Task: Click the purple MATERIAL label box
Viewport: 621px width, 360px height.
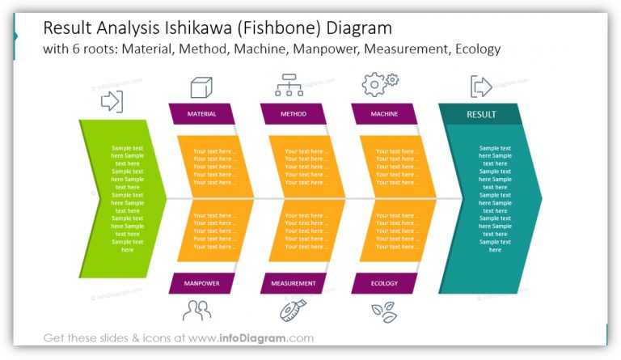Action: coord(201,114)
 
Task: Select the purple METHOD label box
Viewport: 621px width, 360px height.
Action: coord(293,114)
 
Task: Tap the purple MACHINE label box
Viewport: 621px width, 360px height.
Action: coord(384,114)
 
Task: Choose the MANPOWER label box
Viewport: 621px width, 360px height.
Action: coord(201,283)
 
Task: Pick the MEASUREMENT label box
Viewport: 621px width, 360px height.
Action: coord(293,283)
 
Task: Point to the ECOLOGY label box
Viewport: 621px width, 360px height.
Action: coord(384,283)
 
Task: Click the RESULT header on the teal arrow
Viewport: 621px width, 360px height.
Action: coord(481,114)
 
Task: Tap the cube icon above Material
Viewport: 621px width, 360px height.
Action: coord(201,87)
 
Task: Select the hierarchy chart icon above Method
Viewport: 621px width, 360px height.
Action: coord(289,85)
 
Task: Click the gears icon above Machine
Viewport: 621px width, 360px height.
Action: coord(379,84)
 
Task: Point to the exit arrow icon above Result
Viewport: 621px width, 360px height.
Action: coord(481,87)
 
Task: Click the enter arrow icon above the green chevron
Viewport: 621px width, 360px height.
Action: coord(112,101)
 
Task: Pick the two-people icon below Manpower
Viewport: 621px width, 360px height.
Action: coord(196,310)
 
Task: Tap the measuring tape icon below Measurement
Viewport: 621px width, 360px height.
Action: coord(291,311)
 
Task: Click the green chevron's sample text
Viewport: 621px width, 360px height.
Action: coord(127,199)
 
